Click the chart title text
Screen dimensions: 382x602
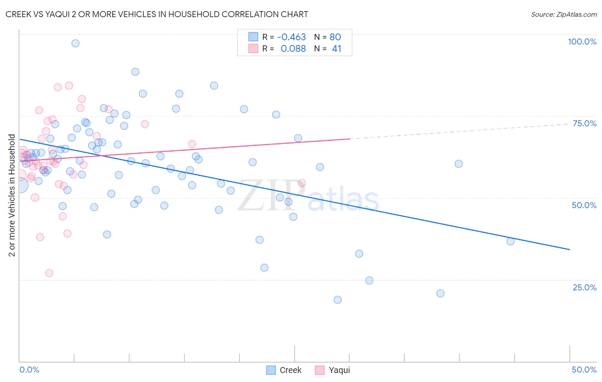tap(157, 14)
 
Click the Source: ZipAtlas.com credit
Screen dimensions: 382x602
tap(563, 14)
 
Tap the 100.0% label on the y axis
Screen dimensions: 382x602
tap(582, 42)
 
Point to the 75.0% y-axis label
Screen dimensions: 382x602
tap(584, 123)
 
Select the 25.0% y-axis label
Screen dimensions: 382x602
tap(584, 287)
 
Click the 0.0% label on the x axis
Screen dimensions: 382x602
tap(29, 370)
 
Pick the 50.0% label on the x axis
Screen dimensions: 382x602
tap(584, 370)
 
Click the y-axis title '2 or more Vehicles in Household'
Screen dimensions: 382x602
tap(12, 195)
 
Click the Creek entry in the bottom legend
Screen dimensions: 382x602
tap(284, 370)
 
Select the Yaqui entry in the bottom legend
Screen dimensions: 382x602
tap(333, 370)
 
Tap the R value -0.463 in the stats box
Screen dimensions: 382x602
tap(292, 37)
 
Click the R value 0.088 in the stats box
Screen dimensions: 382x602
tap(293, 49)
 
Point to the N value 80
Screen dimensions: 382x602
tap(335, 37)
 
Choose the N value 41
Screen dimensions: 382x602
tap(337, 49)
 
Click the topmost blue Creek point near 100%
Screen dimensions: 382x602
tap(75, 43)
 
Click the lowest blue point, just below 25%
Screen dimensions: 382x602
tap(338, 300)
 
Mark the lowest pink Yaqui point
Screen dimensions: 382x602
tap(49, 273)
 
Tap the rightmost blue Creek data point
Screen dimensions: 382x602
tap(510, 242)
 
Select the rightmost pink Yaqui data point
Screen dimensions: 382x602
tap(301, 183)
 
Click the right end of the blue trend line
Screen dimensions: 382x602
tap(569, 249)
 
